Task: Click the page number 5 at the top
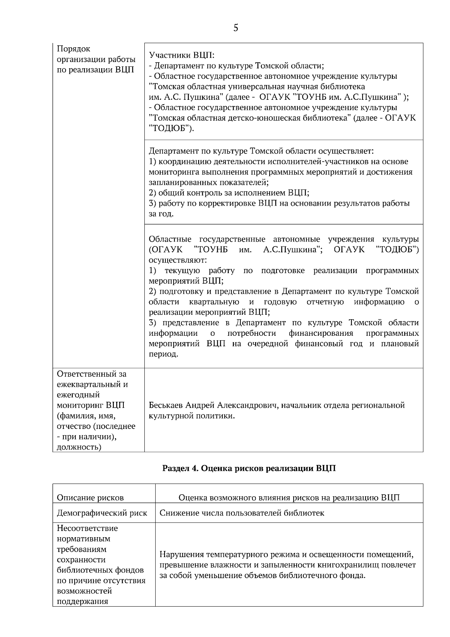(235, 28)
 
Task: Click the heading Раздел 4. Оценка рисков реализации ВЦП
(249, 468)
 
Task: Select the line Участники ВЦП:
(181, 55)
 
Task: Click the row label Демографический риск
(102, 513)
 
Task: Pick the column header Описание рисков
(90, 498)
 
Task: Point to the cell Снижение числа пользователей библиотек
(242, 513)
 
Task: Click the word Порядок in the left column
(73, 49)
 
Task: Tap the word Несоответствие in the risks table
(87, 528)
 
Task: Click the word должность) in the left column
(79, 447)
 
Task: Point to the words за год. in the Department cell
(161, 214)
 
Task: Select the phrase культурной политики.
(192, 416)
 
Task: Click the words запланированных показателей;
(209, 182)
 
